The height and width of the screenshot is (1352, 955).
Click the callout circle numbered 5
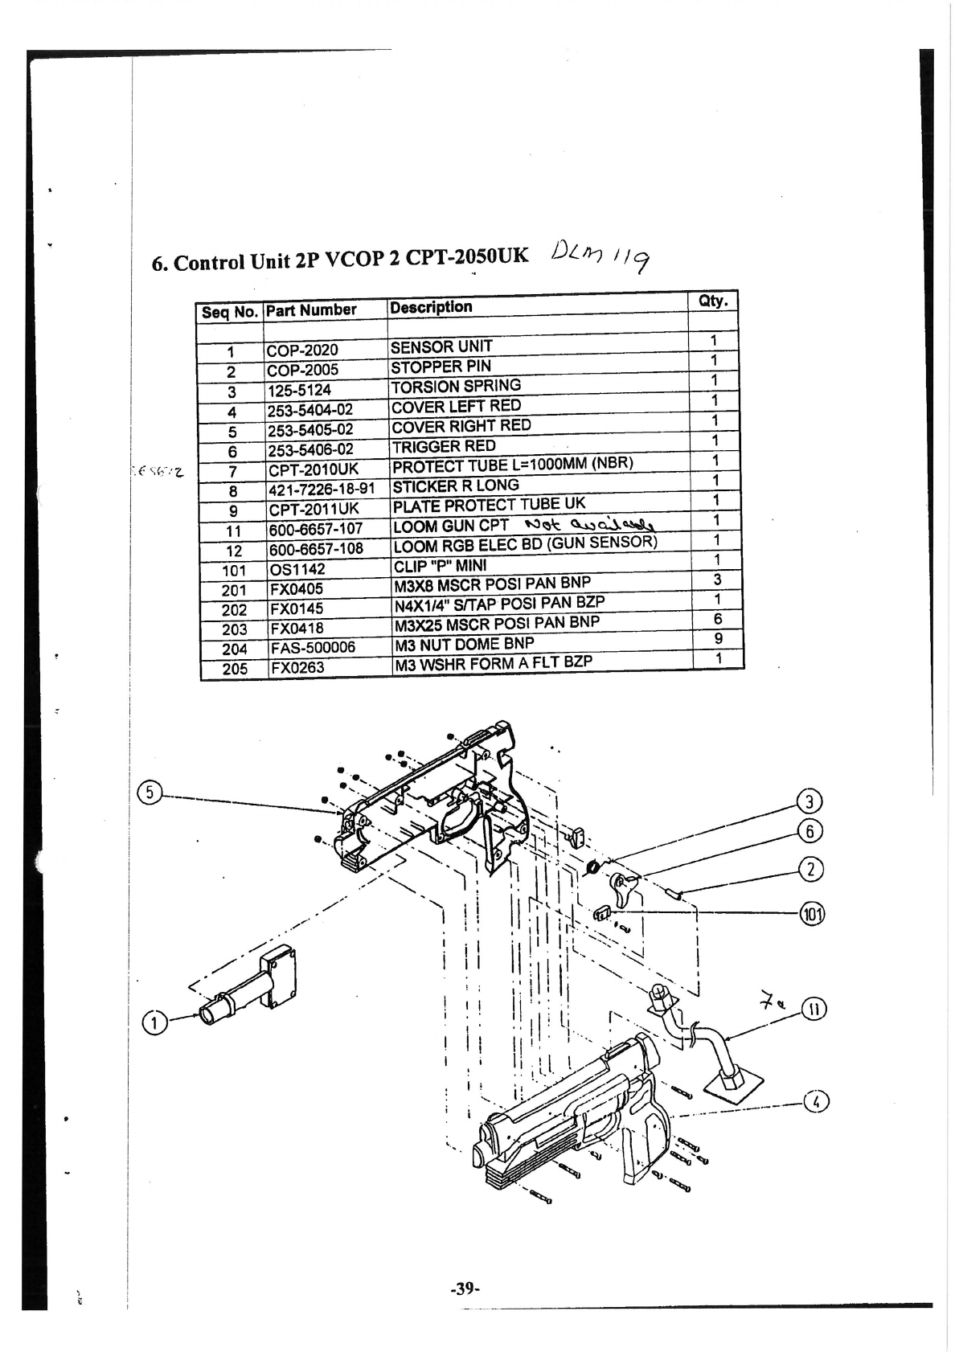[x=150, y=793]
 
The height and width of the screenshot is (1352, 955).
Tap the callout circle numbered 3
[x=809, y=801]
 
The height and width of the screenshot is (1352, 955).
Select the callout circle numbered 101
[x=813, y=914]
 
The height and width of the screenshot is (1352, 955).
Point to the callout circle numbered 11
[x=814, y=1009]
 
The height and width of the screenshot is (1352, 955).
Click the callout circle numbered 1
[x=153, y=1022]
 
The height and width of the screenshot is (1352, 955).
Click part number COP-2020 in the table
[x=303, y=350]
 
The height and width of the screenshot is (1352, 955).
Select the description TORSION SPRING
[x=456, y=386]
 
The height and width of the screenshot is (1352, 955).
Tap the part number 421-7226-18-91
[x=322, y=490]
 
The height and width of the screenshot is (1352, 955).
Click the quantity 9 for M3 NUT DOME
[x=718, y=639]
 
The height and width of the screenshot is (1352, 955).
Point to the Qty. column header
[x=713, y=301]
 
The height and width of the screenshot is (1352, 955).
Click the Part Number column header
[x=311, y=309]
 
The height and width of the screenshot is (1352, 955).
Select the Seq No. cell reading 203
[x=234, y=629]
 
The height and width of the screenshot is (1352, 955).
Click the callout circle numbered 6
[x=809, y=830]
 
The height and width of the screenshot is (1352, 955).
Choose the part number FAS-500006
[x=312, y=648]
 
